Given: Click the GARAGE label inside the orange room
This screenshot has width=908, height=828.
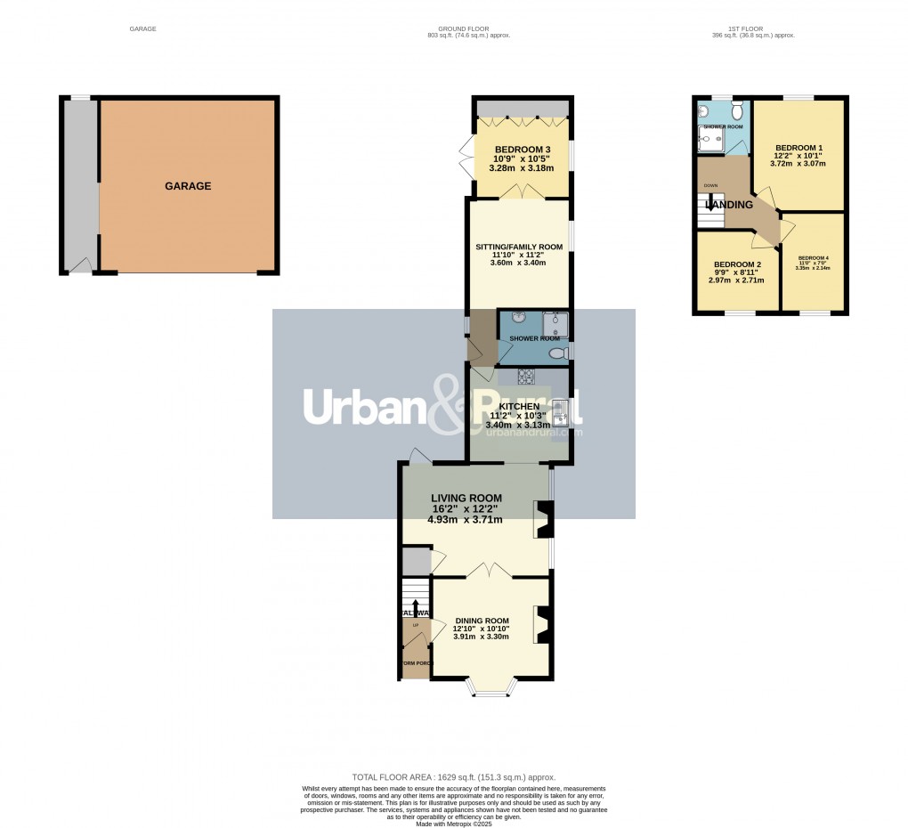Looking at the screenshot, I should [188, 186].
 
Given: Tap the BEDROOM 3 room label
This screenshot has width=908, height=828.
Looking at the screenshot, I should [523, 149].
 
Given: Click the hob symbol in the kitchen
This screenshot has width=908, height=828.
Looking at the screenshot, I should [525, 377].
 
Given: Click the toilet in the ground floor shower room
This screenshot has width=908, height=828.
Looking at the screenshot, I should [558, 353].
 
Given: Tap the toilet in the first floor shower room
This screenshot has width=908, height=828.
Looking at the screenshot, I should [736, 111].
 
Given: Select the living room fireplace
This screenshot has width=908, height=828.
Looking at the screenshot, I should [543, 520].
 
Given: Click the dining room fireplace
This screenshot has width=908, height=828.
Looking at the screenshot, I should [542, 624].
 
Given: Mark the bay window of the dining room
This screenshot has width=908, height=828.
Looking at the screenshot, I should [491, 688].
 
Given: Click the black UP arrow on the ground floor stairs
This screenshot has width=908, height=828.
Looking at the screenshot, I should [415, 608].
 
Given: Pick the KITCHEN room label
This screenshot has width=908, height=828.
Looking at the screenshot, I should [520, 406].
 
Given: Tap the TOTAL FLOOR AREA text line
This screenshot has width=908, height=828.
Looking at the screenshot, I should [453, 777].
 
